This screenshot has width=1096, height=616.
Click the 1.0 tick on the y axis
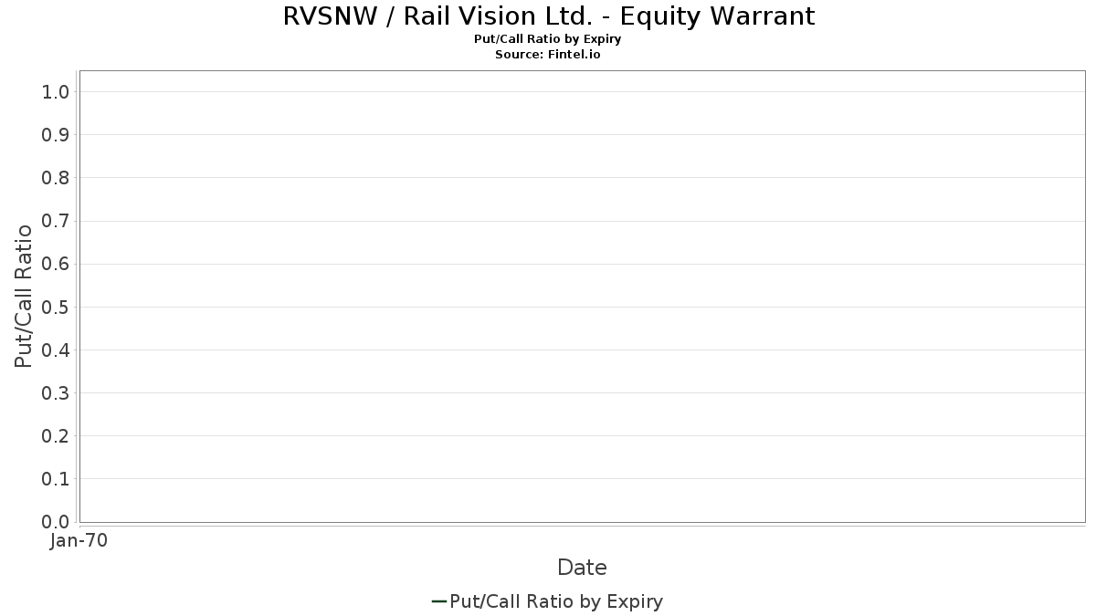click(56, 91)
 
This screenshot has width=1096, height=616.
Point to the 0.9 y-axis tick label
click(56, 135)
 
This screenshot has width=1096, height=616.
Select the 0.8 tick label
click(56, 178)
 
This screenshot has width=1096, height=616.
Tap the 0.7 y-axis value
click(56, 221)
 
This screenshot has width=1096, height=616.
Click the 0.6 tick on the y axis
click(56, 264)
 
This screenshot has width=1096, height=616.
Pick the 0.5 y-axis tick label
click(56, 307)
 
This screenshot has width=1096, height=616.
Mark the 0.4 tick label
click(56, 350)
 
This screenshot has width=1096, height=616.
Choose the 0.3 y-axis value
click(56, 393)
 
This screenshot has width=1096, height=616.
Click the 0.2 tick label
click(56, 436)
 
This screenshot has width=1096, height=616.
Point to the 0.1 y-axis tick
click(56, 479)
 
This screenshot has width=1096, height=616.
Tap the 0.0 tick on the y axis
click(56, 522)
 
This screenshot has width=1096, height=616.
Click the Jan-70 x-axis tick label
click(79, 540)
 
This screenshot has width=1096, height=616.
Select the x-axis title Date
click(582, 568)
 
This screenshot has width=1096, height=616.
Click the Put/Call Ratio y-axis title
click(24, 296)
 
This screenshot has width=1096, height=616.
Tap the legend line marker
click(438, 601)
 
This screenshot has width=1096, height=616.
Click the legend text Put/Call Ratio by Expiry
click(556, 601)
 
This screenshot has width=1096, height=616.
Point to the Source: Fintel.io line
click(548, 55)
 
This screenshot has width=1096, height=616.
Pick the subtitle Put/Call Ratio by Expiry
click(548, 39)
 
